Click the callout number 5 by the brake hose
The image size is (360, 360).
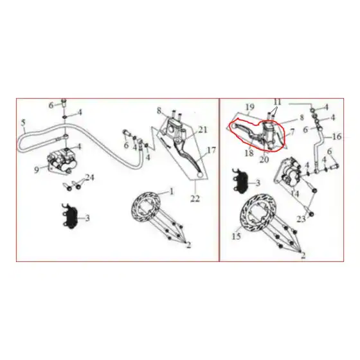23,123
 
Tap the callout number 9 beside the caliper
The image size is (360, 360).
37,170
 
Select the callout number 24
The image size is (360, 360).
90,177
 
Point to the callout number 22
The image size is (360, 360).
195,199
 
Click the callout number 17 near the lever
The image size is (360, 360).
212,150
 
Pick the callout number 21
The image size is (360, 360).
203,130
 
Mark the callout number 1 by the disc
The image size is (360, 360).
172,191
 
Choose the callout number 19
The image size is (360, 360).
250,107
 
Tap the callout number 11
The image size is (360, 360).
278,102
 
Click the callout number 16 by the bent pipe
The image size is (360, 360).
337,136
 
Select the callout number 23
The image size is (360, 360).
301,219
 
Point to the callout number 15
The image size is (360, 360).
237,236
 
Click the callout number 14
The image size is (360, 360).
295,194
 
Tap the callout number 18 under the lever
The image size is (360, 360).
249,153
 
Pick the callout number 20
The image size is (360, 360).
264,159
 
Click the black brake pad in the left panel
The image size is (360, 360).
70,216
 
